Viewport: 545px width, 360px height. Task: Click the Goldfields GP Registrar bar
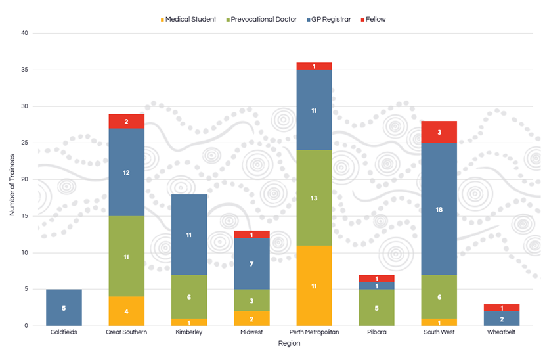(64, 307)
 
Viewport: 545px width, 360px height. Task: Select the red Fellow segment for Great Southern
(126, 121)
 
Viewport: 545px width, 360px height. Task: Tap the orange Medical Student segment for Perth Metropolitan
(314, 286)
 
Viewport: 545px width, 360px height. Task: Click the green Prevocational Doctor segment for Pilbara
(376, 307)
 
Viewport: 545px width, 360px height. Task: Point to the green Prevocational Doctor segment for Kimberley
(188, 296)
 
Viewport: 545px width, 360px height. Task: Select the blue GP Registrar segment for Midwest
(251, 263)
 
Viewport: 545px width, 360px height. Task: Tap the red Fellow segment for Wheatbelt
(502, 307)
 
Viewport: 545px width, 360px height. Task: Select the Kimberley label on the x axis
(188, 332)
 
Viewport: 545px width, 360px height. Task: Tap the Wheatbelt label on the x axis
(502, 332)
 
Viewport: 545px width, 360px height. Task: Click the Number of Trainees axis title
(11, 180)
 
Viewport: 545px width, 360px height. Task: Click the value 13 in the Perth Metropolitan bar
(314, 198)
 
